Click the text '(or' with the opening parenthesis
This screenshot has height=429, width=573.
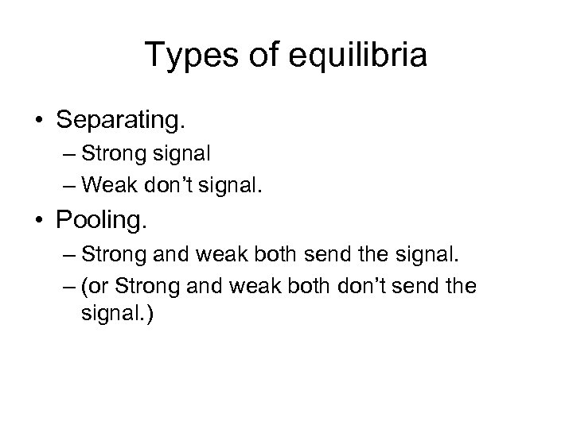93,286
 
